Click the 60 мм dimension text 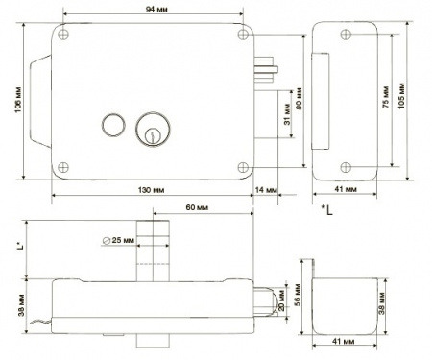point(197,208)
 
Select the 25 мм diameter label point(119,240)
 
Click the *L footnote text point(328,208)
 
